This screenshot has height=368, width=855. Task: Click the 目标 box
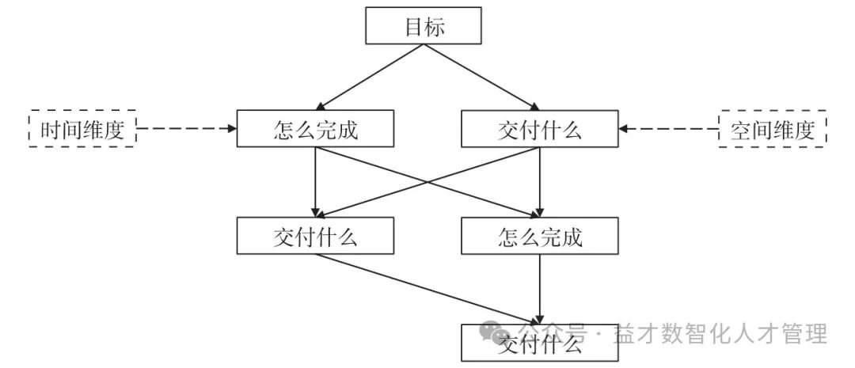(x=424, y=27)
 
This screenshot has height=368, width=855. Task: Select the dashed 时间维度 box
(x=82, y=129)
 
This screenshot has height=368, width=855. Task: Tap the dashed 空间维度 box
(x=772, y=129)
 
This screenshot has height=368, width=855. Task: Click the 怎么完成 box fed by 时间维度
(x=314, y=129)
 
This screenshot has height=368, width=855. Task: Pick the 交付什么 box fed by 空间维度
(x=539, y=129)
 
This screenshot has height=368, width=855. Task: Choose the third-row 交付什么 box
(x=314, y=235)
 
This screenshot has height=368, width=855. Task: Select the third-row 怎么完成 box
(x=539, y=235)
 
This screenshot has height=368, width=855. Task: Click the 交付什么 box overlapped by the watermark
(x=539, y=343)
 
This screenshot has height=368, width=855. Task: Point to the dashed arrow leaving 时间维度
(x=186, y=127)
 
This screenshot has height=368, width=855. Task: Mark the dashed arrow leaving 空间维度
(x=669, y=127)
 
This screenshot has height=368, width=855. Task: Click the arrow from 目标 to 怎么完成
(x=368, y=78)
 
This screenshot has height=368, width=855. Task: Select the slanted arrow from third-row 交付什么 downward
(x=427, y=289)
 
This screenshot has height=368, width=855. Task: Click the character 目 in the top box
(x=414, y=27)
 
